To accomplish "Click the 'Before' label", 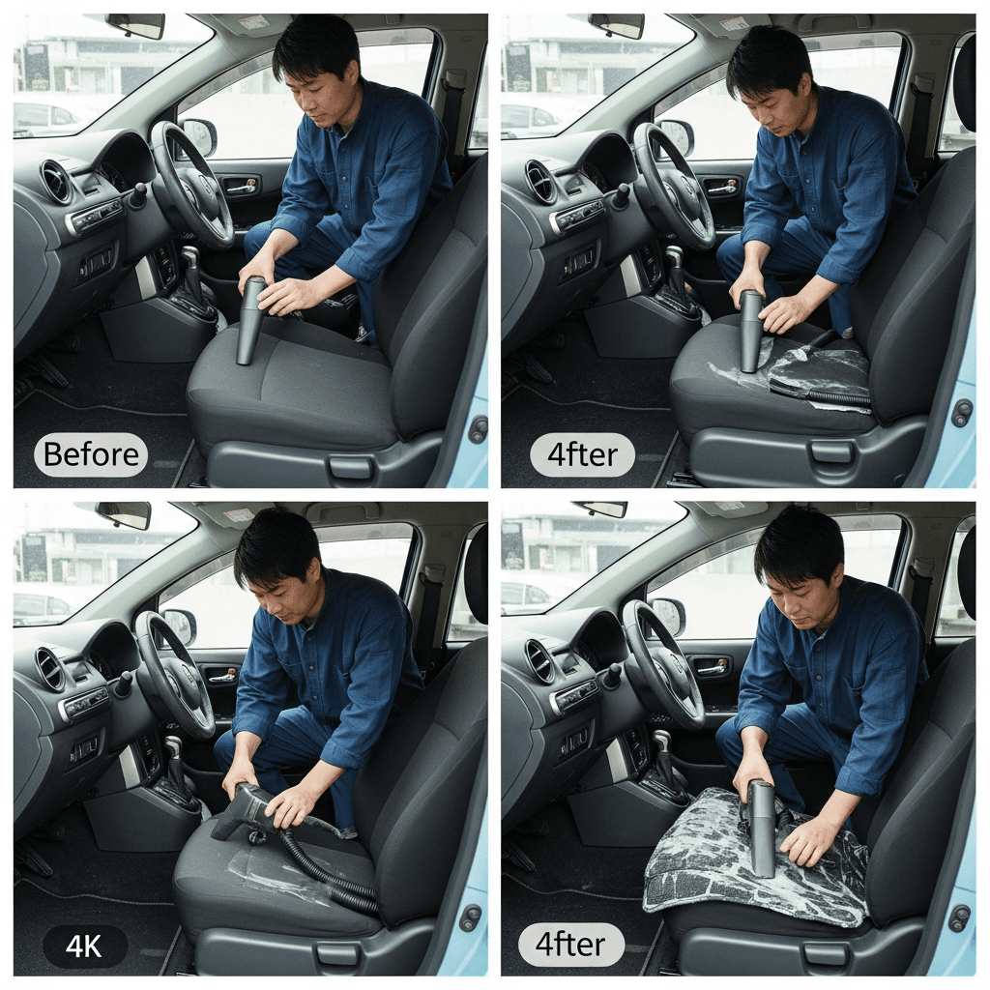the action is [x=91, y=454].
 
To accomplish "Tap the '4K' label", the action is [x=85, y=946].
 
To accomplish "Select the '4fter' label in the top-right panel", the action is [x=582, y=454].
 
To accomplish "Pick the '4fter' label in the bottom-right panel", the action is [x=570, y=945].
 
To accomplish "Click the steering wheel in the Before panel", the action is [x=190, y=183].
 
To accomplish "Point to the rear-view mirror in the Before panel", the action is [x=135, y=25].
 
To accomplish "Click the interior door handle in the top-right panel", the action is [x=722, y=187].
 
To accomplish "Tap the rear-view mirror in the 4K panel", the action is [x=124, y=515].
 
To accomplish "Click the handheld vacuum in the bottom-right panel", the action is [x=762, y=828].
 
